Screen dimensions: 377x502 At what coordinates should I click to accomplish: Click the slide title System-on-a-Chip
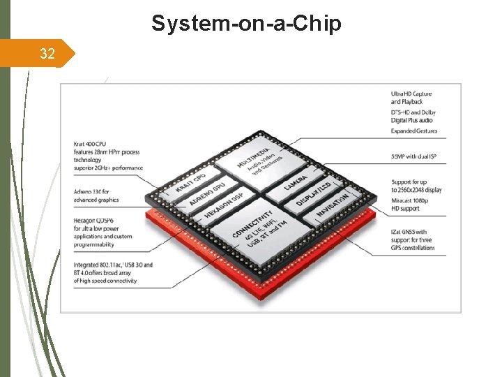(x=246, y=23)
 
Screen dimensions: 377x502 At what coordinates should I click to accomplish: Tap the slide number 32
(x=47, y=53)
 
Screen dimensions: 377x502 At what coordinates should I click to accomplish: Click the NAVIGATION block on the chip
(x=332, y=207)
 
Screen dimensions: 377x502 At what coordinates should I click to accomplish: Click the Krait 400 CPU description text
(x=108, y=156)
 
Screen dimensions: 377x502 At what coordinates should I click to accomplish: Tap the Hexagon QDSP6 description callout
(x=102, y=232)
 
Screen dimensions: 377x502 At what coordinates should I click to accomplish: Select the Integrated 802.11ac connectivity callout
(x=112, y=273)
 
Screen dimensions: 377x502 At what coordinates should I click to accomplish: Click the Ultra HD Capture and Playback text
(x=411, y=98)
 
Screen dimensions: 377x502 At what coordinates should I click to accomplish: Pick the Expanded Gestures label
(x=415, y=131)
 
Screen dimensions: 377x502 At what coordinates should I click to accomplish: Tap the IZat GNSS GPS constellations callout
(x=418, y=239)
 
